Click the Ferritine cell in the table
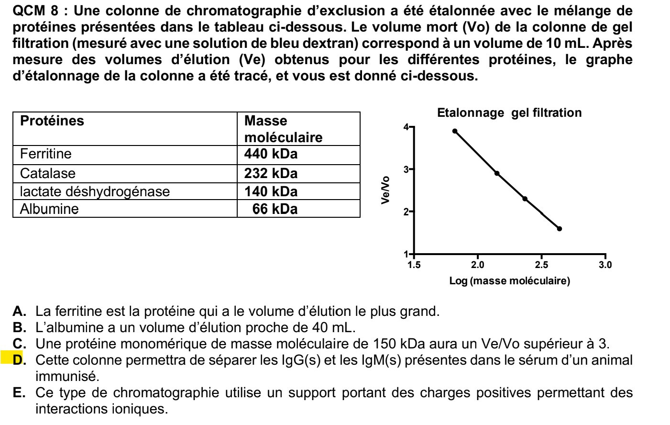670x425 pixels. (x=45, y=154)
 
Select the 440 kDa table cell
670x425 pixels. (x=271, y=154)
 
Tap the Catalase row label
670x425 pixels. (x=47, y=173)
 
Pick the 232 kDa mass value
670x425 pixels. (x=271, y=173)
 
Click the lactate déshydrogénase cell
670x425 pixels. (x=95, y=191)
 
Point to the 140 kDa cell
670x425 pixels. (x=271, y=191)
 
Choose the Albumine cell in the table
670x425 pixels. (x=49, y=209)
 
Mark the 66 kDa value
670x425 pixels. (x=275, y=209)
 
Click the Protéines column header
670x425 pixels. (x=52, y=121)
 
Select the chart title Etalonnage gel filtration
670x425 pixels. (x=509, y=113)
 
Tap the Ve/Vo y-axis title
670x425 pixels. (x=385, y=190)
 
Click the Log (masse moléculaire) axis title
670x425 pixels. (x=509, y=281)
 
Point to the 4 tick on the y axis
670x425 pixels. (x=406, y=127)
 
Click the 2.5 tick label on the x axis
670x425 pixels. (x=541, y=265)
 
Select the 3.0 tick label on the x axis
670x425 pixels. (x=605, y=265)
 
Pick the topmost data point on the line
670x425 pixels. (x=455, y=131)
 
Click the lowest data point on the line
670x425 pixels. (x=560, y=229)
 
